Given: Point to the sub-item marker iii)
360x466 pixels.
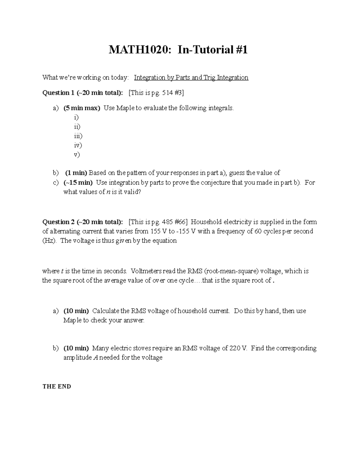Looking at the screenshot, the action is [x=78, y=136].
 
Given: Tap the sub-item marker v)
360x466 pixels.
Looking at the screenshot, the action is [x=77, y=155].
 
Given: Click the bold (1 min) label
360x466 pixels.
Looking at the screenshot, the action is [x=76, y=173].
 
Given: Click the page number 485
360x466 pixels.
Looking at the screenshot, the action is [x=168, y=222].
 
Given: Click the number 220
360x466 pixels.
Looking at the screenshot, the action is [x=235, y=348].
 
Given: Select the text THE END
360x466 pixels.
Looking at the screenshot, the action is [x=57, y=386].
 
